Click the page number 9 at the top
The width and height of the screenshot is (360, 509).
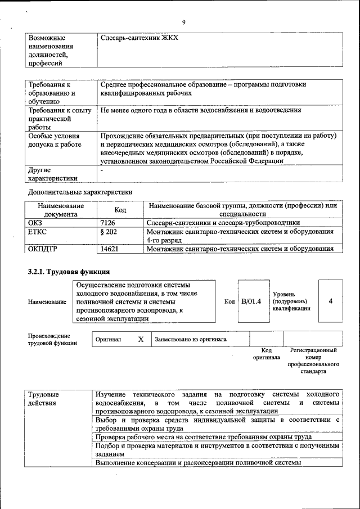pos(183,22)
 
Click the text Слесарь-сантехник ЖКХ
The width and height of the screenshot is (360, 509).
pos(139,38)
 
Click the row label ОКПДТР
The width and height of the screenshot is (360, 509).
pos(43,249)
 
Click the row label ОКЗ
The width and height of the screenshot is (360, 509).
pos(35,223)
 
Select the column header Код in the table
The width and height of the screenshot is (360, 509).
pos(120,210)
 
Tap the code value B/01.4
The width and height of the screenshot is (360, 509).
pos(251,301)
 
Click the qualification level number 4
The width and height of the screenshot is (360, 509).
pos(331,301)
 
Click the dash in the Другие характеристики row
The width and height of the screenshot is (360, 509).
pos(102,169)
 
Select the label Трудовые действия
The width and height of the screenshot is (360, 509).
pos(44,399)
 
